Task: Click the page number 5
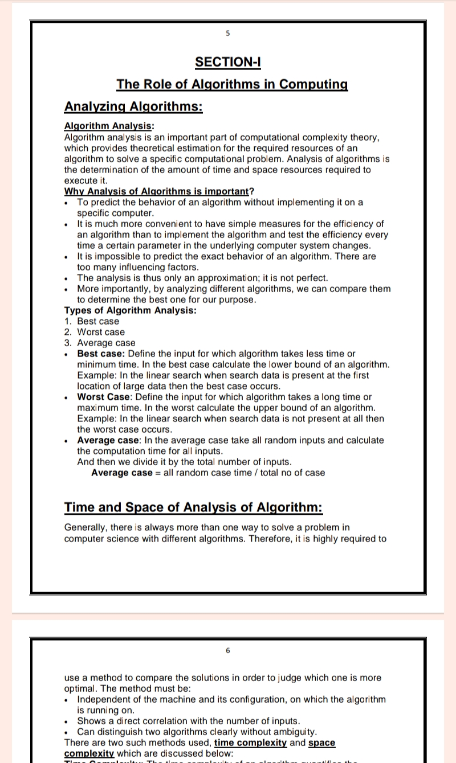227,34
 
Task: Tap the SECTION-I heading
227,62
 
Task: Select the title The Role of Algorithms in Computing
232,84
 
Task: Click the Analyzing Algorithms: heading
133,106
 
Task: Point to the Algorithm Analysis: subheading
108,126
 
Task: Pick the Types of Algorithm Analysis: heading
131,310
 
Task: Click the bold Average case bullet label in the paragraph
108,440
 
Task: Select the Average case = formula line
208,473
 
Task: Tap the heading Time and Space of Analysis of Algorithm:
193,507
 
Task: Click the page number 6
227,650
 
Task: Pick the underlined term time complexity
250,743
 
